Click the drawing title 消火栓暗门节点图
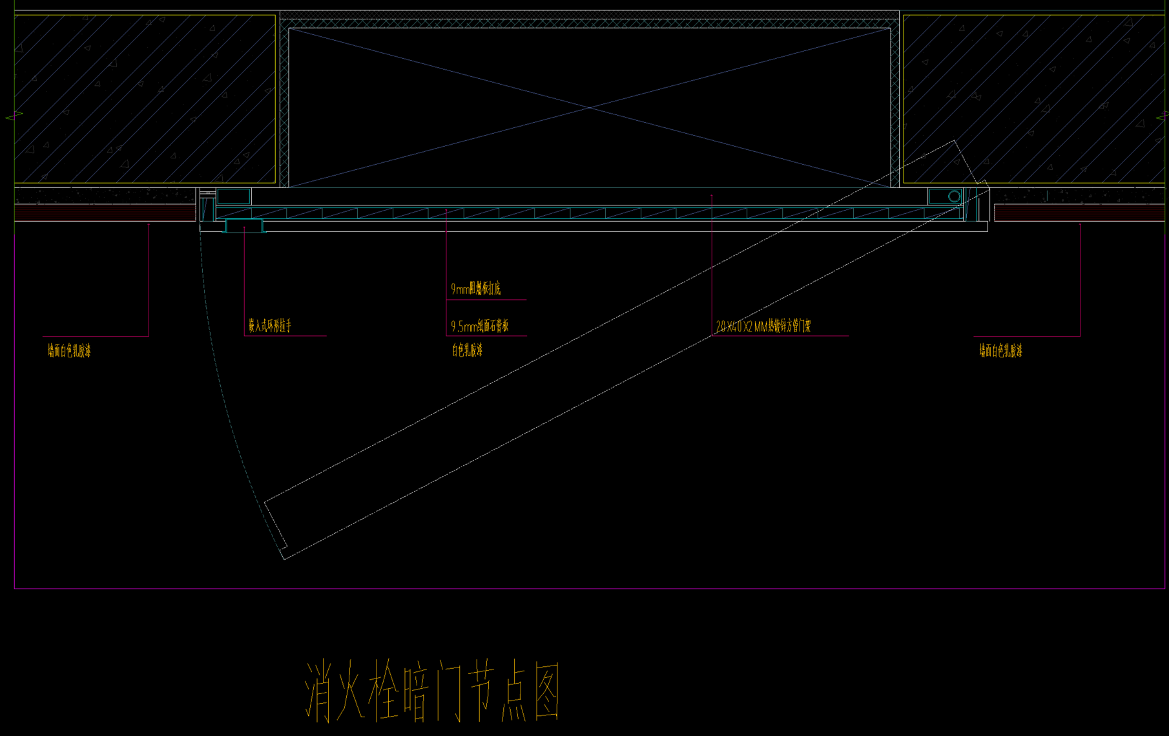431,691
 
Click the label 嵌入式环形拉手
270,326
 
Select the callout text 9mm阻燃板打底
475,289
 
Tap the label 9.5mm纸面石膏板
479,326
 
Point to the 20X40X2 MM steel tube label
763,326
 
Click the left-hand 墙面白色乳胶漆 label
69,351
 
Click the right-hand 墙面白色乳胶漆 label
1000,351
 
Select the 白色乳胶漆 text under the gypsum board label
467,351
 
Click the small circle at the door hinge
954,196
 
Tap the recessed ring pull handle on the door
244,226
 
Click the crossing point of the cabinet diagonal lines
589,108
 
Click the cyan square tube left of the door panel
233,196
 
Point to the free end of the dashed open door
276,530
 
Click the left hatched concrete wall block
145,99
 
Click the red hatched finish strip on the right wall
1079,212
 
